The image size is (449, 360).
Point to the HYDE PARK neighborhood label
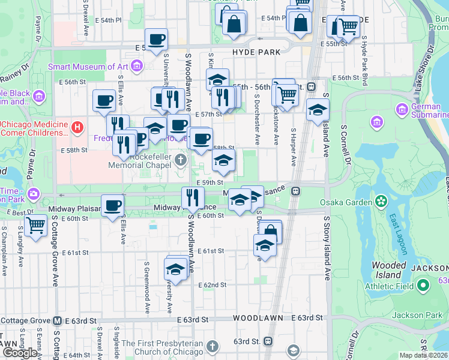coord(256,52)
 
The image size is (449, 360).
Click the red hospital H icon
coord(77,127)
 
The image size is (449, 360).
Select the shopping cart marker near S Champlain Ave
coord(36,226)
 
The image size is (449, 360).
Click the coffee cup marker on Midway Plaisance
coord(112,206)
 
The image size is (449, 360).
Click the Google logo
coord(19,353)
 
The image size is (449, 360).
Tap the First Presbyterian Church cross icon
coord(211,346)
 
